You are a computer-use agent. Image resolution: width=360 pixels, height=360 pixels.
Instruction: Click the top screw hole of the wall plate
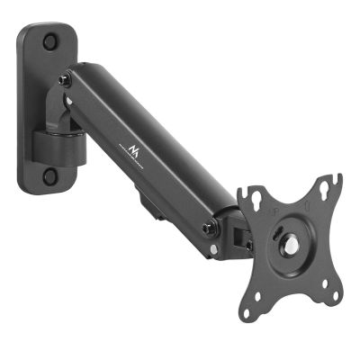[49, 41]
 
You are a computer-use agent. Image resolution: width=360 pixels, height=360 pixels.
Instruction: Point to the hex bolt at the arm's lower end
[208, 227]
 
